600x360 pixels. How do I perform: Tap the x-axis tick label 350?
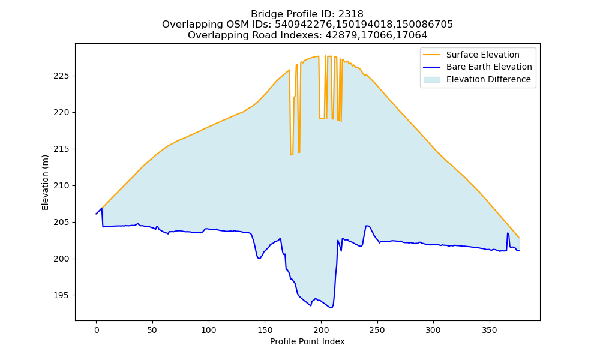(490, 330)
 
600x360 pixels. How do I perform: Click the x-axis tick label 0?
(97, 330)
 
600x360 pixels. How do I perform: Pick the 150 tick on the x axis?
(265, 330)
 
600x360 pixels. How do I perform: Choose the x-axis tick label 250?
(377, 330)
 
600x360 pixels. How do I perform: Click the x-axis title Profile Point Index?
(307, 341)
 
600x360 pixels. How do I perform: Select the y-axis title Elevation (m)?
(45, 182)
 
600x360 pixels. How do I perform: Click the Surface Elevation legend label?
(483, 55)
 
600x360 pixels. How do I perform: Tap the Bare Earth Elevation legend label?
(489, 67)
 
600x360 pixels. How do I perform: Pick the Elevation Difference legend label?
(488, 79)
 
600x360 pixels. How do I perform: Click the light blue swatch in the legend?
(431, 80)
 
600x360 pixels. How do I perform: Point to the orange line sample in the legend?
(431, 55)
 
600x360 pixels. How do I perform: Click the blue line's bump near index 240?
(367, 226)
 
